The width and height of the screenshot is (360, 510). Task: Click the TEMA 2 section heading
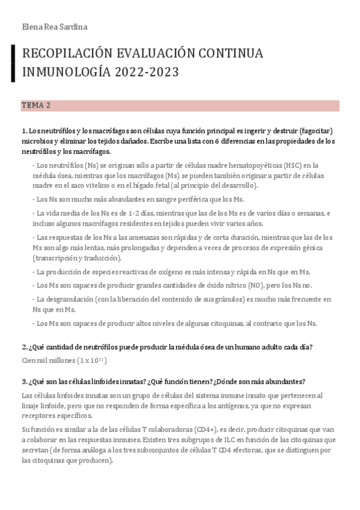click(36, 105)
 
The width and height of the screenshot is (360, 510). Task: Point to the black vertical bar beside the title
click(13, 63)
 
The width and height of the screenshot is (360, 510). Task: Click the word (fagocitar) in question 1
click(315, 131)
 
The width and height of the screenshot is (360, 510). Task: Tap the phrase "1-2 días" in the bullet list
click(146, 213)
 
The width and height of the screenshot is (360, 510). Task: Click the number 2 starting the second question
click(23, 347)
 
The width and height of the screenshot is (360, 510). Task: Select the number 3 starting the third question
click(23, 381)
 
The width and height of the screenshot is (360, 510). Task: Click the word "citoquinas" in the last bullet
click(218, 324)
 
